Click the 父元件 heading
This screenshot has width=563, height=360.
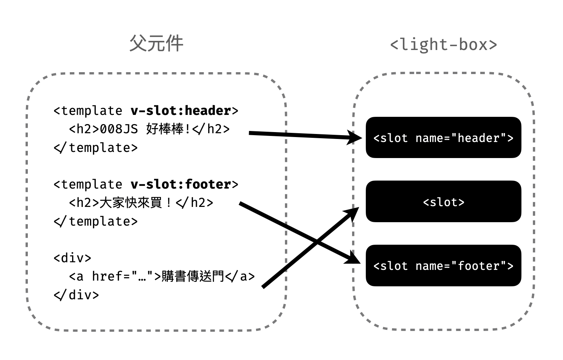tap(156, 43)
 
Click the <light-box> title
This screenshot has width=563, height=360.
tap(443, 45)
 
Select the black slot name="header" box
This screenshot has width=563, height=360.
tap(443, 137)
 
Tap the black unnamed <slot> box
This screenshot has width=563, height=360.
tap(443, 201)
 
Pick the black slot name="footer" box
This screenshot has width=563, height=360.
tap(443, 265)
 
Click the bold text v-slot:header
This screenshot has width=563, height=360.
tap(181, 111)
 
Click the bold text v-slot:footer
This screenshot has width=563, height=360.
tap(181, 184)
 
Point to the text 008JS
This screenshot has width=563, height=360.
tap(119, 129)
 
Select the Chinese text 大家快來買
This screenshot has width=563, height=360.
tap(131, 202)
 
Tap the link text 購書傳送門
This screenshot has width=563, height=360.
tap(193, 276)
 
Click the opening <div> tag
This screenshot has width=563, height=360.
tap(72, 258)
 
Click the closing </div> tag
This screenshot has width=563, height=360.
tap(76, 295)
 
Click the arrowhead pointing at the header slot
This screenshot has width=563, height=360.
tap(354, 137)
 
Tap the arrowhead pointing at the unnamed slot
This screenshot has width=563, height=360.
tap(352, 214)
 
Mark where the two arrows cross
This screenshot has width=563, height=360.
tap(317, 243)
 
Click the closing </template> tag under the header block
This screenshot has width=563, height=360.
tap(96, 148)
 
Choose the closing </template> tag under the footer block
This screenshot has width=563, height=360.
tap(96, 221)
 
